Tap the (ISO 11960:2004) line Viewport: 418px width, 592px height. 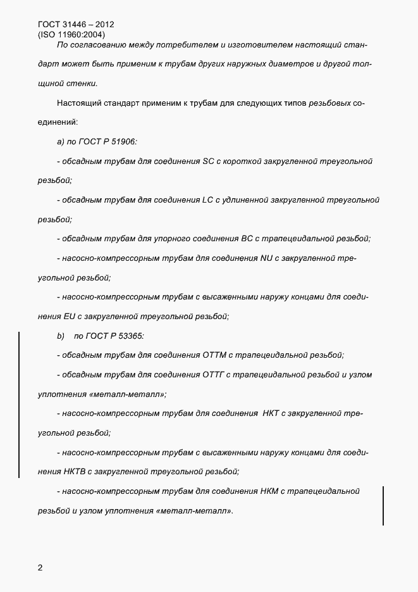click(x=71, y=35)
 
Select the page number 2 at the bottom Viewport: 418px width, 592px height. click(x=40, y=567)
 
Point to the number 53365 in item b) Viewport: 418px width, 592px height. click(x=130, y=336)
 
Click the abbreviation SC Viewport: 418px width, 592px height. click(x=209, y=161)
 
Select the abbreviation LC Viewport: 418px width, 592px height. click(x=209, y=200)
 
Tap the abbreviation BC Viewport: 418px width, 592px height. click(x=247, y=239)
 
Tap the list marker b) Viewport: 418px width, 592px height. click(x=61, y=336)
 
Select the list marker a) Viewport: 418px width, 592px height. click(x=61, y=142)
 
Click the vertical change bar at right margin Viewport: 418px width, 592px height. click(x=383, y=505)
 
